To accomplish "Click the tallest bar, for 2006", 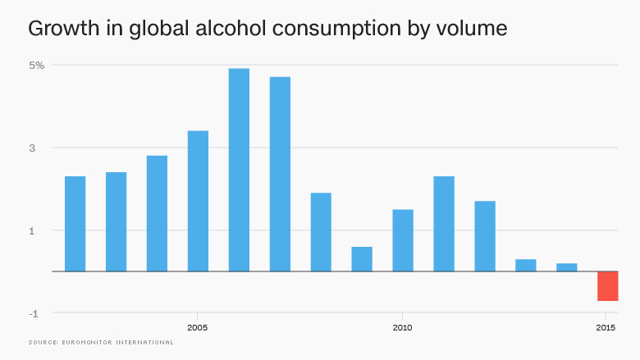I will pyautogui.click(x=239, y=170).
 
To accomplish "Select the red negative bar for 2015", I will pyautogui.click(x=607, y=286).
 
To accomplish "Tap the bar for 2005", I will pyautogui.click(x=198, y=201).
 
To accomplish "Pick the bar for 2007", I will pyautogui.click(x=280, y=174).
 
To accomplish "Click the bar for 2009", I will pyautogui.click(x=362, y=259).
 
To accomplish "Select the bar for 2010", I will pyautogui.click(x=403, y=240).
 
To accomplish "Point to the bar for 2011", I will pyautogui.click(x=444, y=224).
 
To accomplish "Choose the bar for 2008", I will pyautogui.click(x=321, y=232).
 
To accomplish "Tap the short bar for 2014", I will pyautogui.click(x=567, y=267).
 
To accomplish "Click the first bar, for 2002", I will pyautogui.click(x=75, y=224).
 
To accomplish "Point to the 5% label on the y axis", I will pyautogui.click(x=38, y=65).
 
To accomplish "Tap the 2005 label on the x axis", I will pyautogui.click(x=198, y=328).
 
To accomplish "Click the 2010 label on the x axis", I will pyautogui.click(x=403, y=328).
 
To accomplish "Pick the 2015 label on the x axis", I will pyautogui.click(x=607, y=328).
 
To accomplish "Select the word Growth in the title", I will pyautogui.click(x=58, y=29).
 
